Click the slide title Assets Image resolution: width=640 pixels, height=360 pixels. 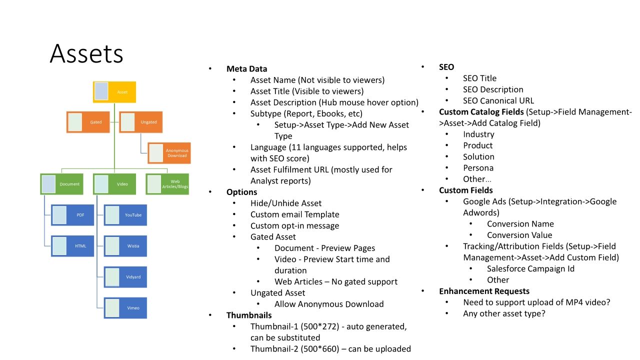86,53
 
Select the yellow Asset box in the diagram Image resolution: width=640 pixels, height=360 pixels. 114,92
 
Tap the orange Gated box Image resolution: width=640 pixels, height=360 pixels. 88,122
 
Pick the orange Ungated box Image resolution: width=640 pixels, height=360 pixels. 140,122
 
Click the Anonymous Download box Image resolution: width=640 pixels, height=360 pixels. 168,152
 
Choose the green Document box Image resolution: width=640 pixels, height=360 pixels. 61,184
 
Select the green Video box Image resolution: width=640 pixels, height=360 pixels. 114,184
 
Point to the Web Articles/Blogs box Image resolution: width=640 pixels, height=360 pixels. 167,184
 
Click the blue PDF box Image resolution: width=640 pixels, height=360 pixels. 72,215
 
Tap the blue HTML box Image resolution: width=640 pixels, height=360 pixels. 72,246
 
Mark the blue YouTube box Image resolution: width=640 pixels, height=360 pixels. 125,215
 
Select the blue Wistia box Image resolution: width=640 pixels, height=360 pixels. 125,246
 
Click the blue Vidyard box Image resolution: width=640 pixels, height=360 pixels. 125,277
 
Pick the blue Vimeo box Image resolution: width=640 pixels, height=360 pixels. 125,308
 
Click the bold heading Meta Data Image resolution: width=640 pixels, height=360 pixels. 246,69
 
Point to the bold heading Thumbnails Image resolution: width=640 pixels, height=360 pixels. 249,315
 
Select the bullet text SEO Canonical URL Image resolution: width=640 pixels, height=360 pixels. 498,100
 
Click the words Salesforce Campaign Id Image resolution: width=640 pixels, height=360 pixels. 530,268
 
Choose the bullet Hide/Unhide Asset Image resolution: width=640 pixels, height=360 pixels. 286,203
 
